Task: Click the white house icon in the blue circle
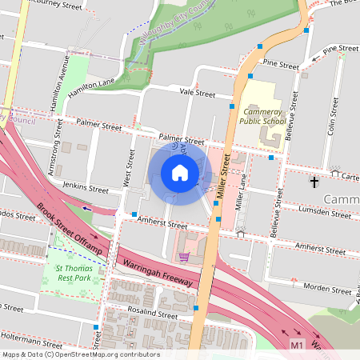(180, 173)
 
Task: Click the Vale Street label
(198, 94)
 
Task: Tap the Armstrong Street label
(54, 156)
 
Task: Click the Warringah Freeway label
(157, 273)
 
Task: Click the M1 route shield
(298, 345)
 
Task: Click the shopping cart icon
(185, 257)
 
